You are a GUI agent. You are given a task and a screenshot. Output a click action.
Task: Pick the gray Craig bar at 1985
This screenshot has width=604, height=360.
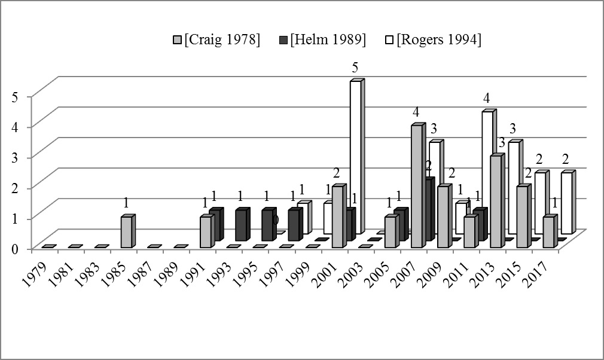click(x=126, y=232)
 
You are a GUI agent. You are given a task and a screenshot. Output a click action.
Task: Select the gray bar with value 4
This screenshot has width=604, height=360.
click(x=417, y=186)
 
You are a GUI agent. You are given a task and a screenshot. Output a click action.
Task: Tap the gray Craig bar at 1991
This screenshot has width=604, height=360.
click(x=205, y=232)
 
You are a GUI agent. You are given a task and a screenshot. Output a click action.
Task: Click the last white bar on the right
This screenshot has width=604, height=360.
click(x=566, y=203)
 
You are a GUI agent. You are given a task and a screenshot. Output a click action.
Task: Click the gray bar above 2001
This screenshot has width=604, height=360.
click(x=338, y=216)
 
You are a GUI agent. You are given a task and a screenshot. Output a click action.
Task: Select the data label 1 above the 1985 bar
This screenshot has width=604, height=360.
click(x=126, y=203)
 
